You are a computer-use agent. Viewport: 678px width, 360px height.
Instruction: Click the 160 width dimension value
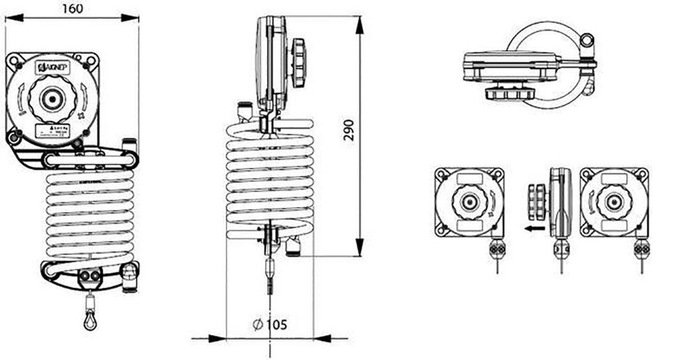[x=73, y=9]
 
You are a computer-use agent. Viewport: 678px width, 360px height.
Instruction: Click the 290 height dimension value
[x=350, y=132]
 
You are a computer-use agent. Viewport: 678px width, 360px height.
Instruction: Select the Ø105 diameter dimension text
[x=269, y=324]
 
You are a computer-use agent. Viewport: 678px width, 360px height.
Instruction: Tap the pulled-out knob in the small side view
[x=538, y=201]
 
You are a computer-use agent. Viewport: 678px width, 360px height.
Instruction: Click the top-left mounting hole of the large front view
[x=13, y=60]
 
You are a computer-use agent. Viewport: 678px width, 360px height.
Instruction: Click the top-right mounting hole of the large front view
[x=92, y=60]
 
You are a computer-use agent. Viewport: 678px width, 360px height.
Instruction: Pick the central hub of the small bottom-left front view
[x=469, y=202]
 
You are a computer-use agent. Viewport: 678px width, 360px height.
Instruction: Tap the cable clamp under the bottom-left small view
[x=497, y=249]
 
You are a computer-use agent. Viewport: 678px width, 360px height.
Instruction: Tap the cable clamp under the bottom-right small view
[x=641, y=249]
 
